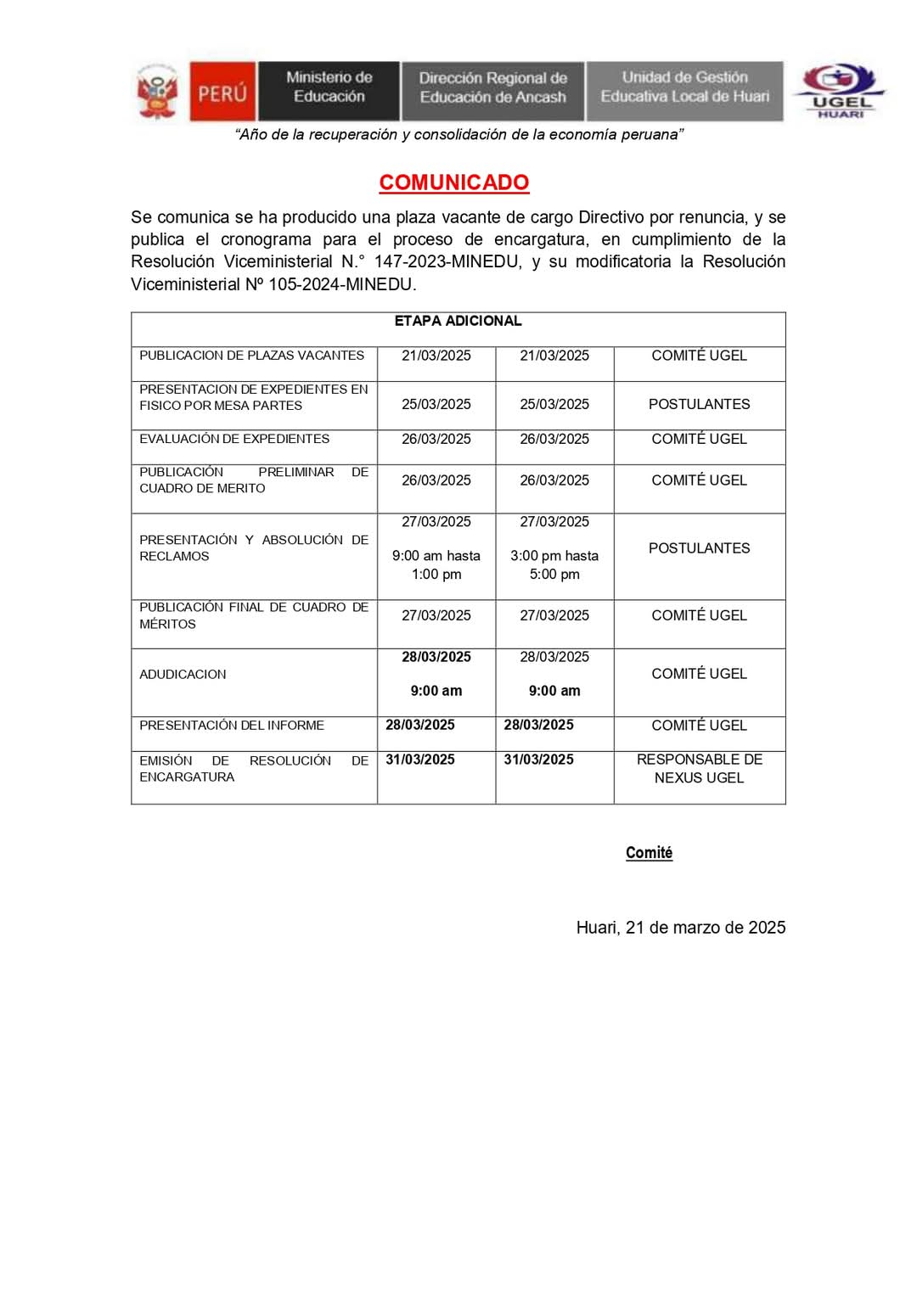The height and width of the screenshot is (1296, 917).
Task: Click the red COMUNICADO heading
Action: tap(454, 182)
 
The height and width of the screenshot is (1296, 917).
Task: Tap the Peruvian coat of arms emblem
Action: tap(158, 92)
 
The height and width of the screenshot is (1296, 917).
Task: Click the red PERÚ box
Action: tap(222, 92)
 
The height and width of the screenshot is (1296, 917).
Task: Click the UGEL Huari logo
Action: tap(839, 90)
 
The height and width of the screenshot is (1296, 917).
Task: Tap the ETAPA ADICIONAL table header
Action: tap(458, 321)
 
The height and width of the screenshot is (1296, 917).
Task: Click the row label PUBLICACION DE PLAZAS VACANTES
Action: tap(252, 356)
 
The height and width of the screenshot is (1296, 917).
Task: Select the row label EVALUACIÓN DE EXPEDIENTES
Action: tap(234, 439)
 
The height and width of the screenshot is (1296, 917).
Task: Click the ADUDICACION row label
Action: tap(183, 674)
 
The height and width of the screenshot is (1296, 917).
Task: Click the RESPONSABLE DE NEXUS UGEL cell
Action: tap(700, 768)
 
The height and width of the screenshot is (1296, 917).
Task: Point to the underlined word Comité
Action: tap(649, 853)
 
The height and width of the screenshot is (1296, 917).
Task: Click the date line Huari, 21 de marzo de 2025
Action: tap(681, 928)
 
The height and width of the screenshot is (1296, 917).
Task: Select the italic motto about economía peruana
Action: tap(459, 135)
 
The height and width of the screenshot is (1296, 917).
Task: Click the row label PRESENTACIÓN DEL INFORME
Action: tap(232, 726)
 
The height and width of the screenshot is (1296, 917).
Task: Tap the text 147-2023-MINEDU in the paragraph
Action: tap(447, 261)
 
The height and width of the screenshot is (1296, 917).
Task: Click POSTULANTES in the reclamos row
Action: tap(700, 548)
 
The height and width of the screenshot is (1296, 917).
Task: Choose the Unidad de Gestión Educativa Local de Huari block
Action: tap(684, 87)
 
